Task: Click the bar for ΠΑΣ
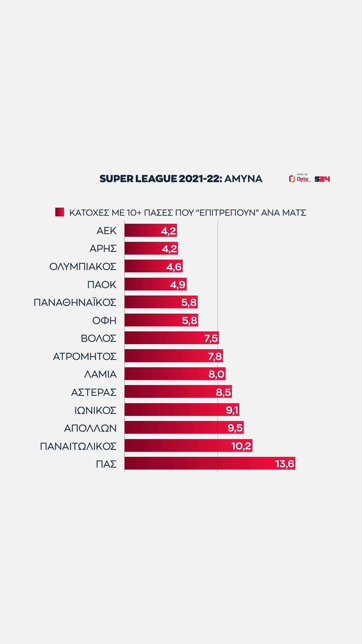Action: [201, 463]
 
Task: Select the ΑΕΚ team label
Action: [106, 231]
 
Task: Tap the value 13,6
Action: [285, 464]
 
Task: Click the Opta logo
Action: [300, 179]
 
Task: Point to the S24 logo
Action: [322, 179]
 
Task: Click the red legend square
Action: [60, 212]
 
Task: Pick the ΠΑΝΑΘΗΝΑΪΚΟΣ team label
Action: [75, 303]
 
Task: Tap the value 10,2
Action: [241, 446]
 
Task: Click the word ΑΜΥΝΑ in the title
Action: [243, 179]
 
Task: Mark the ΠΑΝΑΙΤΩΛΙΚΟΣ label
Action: [78, 446]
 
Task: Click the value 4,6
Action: [174, 267]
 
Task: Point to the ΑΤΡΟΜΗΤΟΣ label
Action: [85, 356]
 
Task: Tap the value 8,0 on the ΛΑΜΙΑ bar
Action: [217, 374]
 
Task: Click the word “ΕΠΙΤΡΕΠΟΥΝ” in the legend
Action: [227, 213]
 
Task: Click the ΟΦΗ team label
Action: [104, 320]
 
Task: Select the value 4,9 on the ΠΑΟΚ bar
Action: [178, 284]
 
